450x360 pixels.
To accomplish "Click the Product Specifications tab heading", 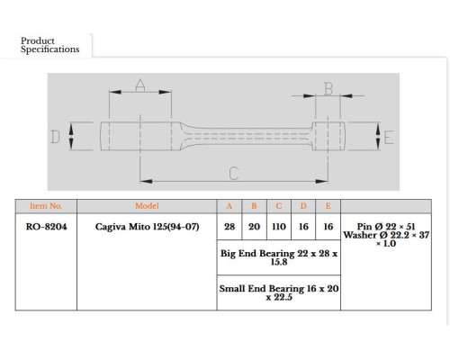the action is coord(49,45).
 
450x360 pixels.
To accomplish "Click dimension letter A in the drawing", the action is coord(140,85).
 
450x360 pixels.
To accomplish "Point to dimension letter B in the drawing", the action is coord(328,89).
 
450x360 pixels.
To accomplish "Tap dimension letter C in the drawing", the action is coord(234,174).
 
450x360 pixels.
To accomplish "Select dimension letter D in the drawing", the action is coord(55,137).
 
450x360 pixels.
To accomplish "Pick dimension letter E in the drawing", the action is coord(389,138).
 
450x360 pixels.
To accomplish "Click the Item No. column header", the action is coord(46,206).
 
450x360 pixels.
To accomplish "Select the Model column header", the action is coord(147,206).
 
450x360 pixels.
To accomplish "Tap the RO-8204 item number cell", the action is coord(46,227).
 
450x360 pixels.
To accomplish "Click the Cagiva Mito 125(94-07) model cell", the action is coord(147,227).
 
